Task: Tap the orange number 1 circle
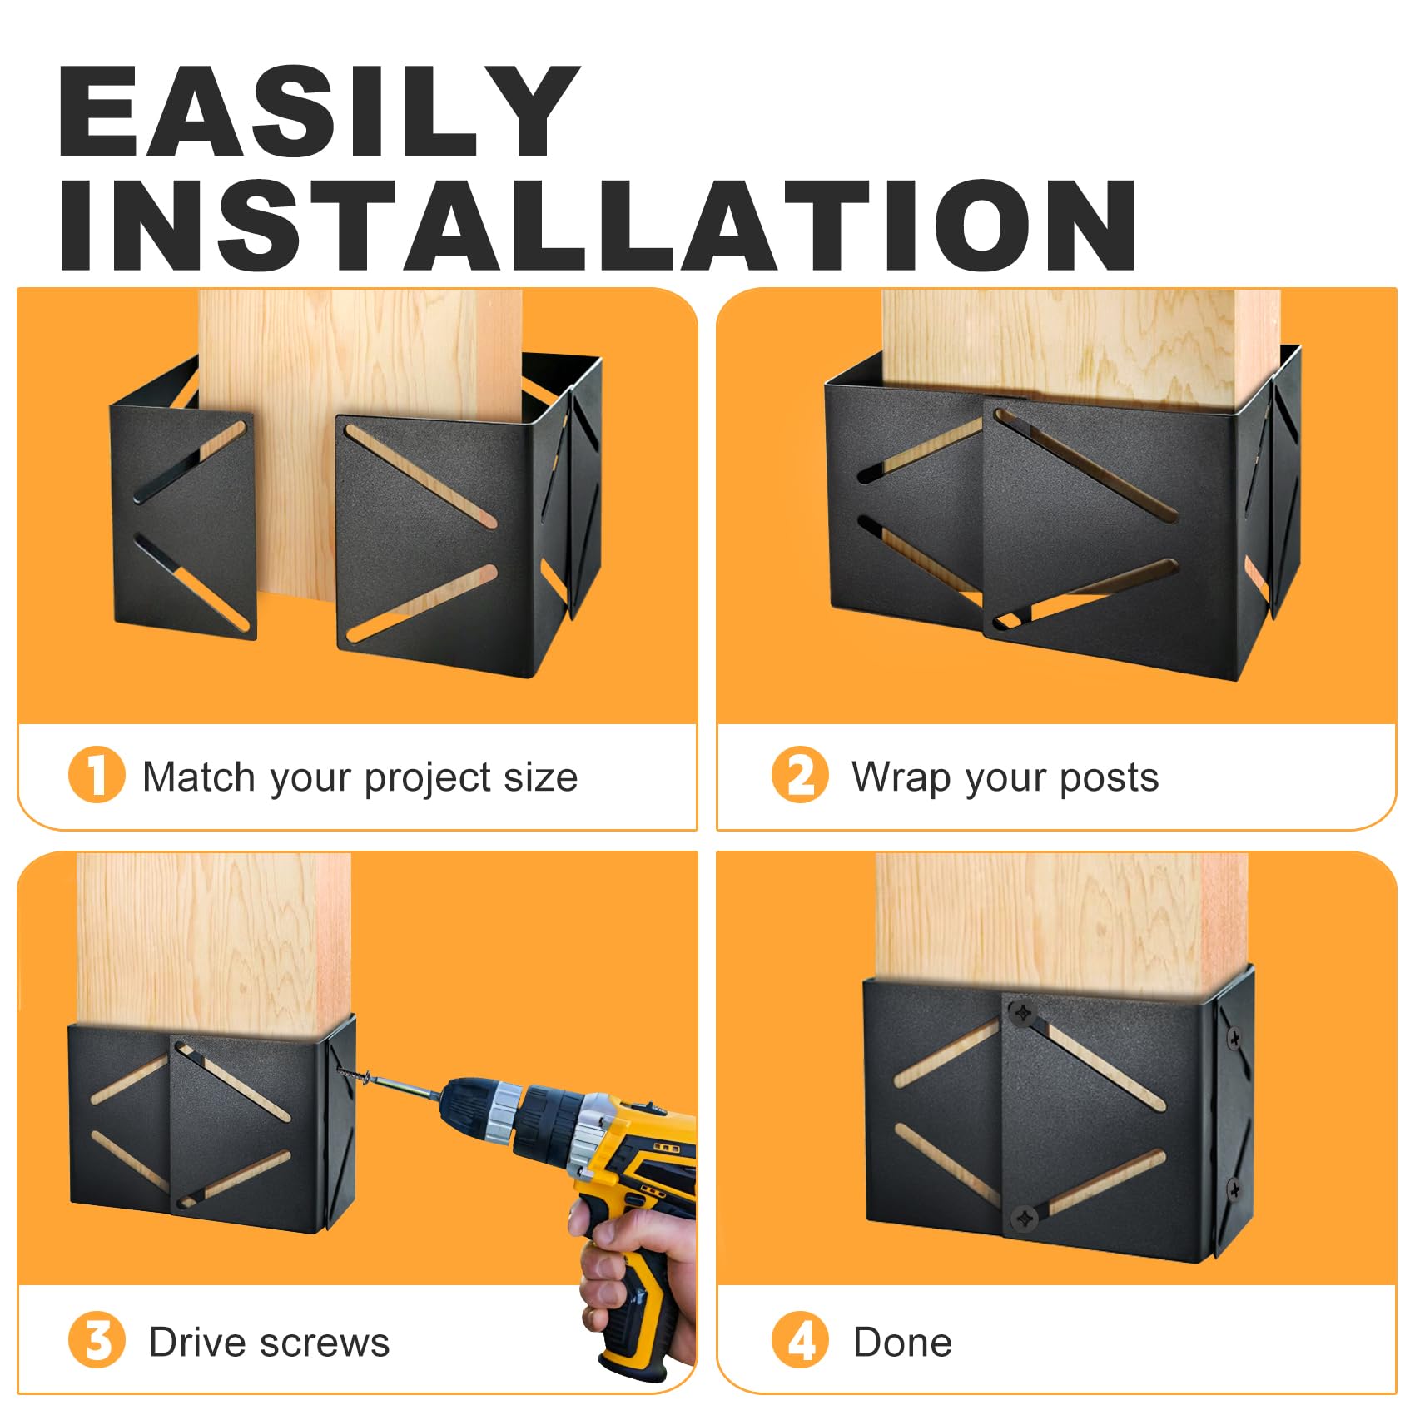coord(97,775)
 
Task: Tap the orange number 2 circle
coord(800,775)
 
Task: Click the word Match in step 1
coord(199,777)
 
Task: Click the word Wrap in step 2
coord(901,777)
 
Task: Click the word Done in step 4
coord(902,1343)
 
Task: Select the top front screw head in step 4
coord(1021,1015)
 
